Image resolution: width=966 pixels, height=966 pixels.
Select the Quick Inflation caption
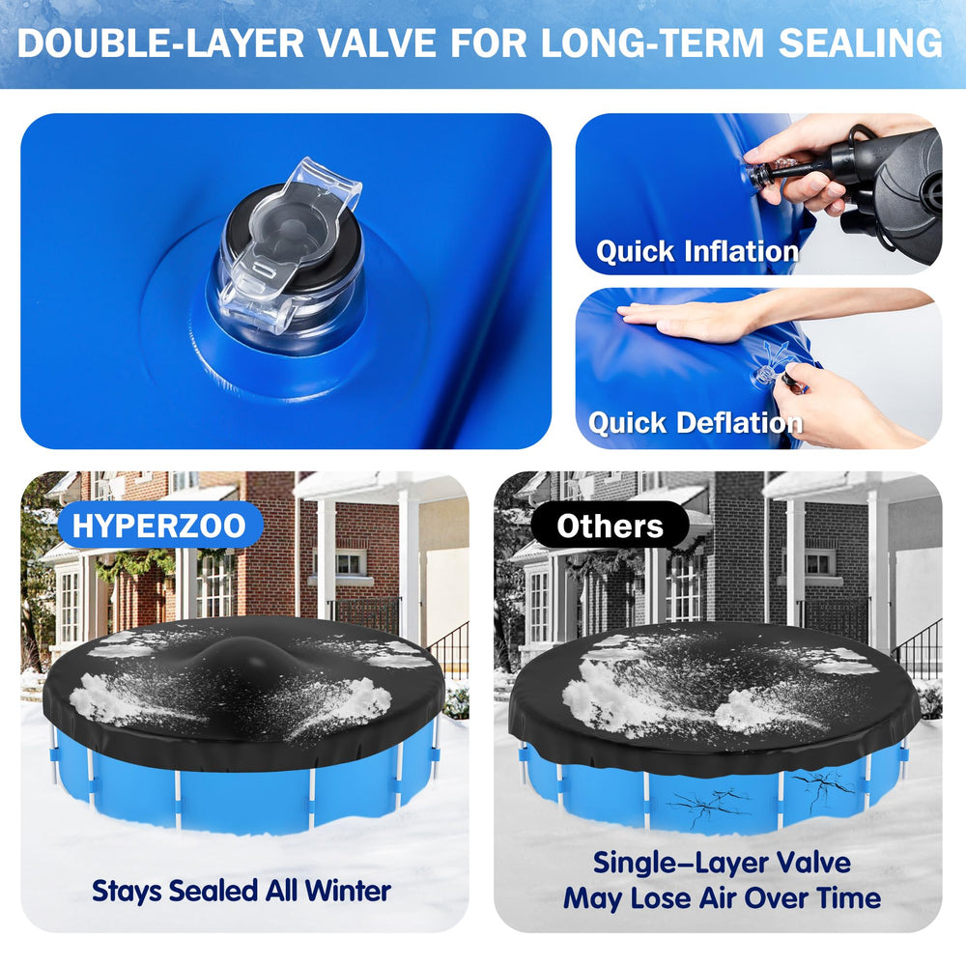(697, 252)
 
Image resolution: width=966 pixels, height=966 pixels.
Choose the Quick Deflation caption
(696, 423)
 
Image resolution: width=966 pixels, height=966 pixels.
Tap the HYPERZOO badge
(159, 526)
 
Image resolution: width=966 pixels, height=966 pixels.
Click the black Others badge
(610, 526)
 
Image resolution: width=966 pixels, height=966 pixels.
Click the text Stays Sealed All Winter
(241, 891)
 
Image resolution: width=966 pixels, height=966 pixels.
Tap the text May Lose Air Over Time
(722, 898)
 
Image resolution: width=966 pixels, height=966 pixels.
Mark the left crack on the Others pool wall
(708, 804)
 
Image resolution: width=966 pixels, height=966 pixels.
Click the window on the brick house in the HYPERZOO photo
(350, 562)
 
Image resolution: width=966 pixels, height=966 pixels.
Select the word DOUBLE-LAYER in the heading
(160, 43)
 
